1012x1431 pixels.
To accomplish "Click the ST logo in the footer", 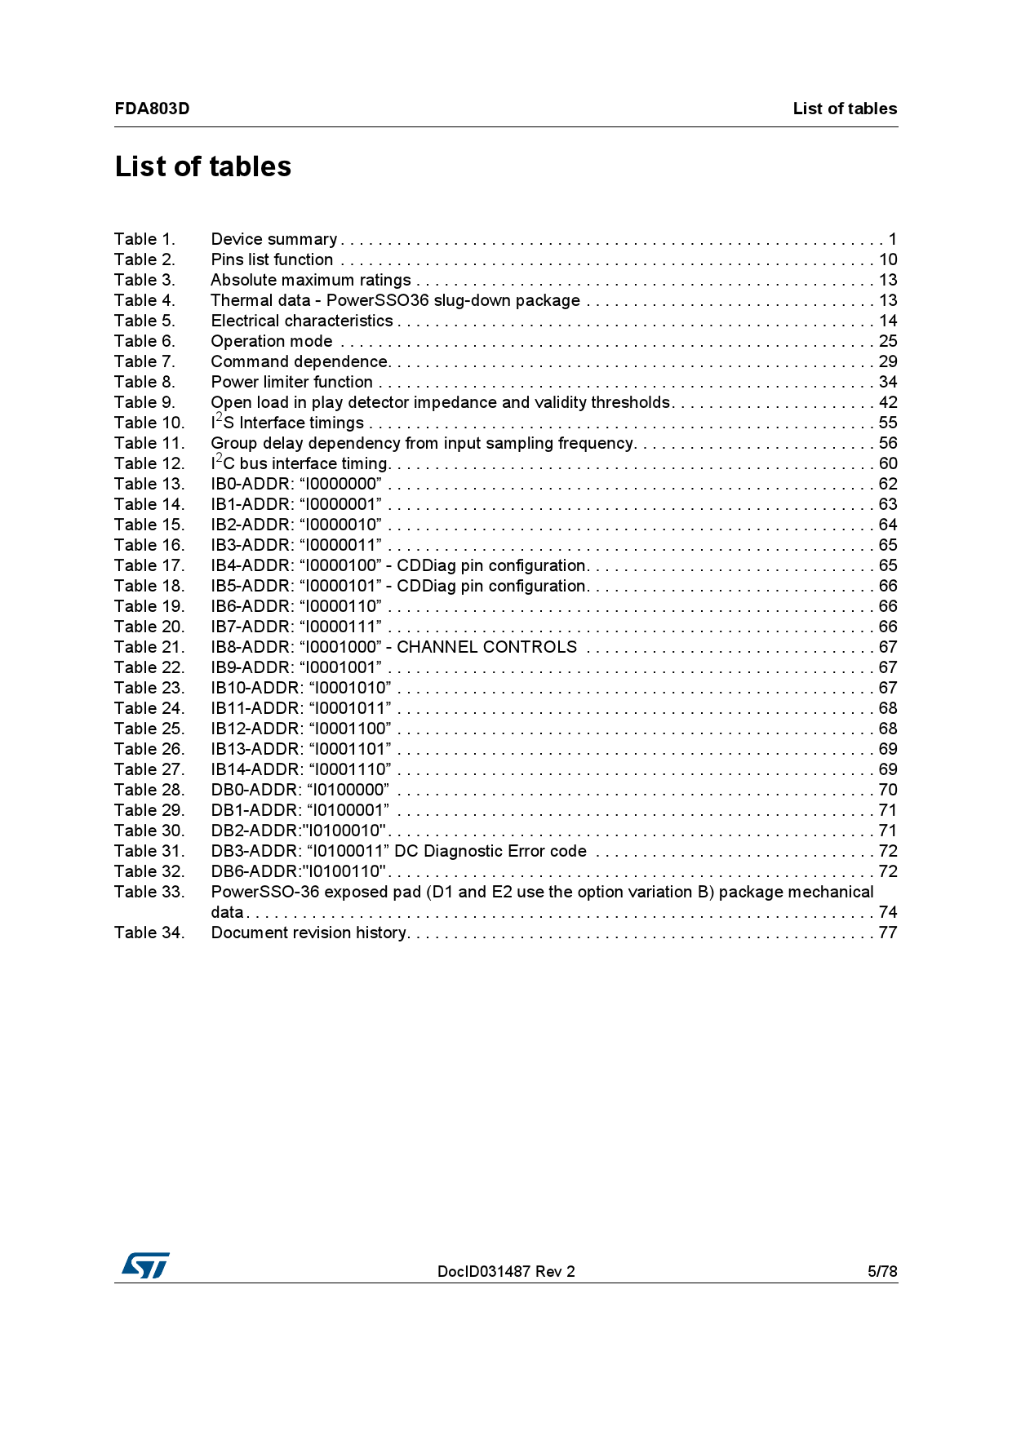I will pyautogui.click(x=145, y=1265).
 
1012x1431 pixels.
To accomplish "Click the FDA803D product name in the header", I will pyautogui.click(x=152, y=109).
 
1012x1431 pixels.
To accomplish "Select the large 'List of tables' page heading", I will pyautogui.click(x=203, y=166).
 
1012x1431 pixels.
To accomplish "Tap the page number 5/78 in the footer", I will pyautogui.click(x=882, y=1271).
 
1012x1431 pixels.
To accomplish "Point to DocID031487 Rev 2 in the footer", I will pyautogui.click(x=506, y=1271).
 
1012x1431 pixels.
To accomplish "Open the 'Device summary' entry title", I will pyautogui.click(x=273, y=239).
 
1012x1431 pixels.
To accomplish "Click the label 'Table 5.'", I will pyautogui.click(x=144, y=321).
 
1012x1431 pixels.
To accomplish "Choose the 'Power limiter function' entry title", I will pyautogui.click(x=291, y=382).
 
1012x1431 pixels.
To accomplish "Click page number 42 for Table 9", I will pyautogui.click(x=888, y=402).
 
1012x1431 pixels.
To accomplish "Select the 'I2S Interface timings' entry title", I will pyautogui.click(x=287, y=423).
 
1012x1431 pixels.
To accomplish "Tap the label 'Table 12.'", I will pyautogui.click(x=149, y=463).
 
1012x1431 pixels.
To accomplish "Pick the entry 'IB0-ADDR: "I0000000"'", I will pyautogui.click(x=296, y=484).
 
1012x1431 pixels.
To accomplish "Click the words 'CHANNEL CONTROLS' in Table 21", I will pyautogui.click(x=486, y=647).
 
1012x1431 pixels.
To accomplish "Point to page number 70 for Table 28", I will pyautogui.click(x=888, y=790).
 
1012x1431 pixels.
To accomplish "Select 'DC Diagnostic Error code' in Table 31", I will pyautogui.click(x=490, y=851).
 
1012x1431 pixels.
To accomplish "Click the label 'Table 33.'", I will pyautogui.click(x=149, y=892).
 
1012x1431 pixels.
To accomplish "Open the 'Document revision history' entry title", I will pyautogui.click(x=309, y=933).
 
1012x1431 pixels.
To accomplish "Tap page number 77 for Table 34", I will pyautogui.click(x=888, y=933).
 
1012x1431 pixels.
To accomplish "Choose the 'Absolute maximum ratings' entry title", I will pyautogui.click(x=311, y=280).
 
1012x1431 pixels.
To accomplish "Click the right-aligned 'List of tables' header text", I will pyautogui.click(x=845, y=109).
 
